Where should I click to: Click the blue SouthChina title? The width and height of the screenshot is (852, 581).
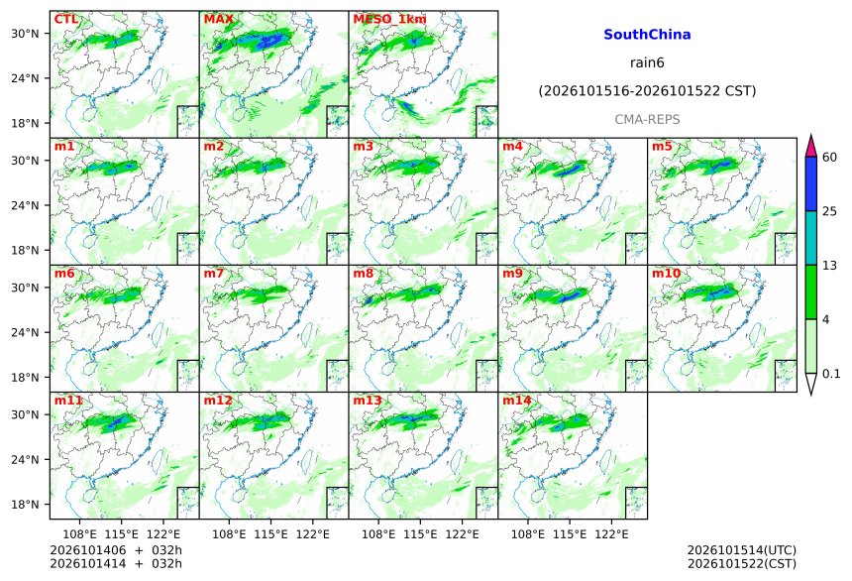pos(647,35)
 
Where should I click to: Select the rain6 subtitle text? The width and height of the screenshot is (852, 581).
pos(647,62)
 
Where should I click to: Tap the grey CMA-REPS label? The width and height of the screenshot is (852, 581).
pos(647,119)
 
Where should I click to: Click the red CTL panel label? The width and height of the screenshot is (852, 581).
pos(65,20)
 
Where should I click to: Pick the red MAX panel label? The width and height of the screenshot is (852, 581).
pos(218,20)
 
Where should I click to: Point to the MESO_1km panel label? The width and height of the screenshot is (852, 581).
pos(389,20)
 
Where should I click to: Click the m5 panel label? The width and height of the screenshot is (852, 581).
pos(662,147)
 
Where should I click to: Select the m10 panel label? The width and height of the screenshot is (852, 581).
pos(666,274)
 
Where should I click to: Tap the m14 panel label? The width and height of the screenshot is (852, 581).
pos(517,401)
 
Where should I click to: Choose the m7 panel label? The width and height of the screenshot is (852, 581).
pos(214,274)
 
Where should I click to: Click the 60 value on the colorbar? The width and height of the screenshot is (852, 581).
pos(830,158)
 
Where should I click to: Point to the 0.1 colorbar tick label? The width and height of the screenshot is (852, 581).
pos(831,374)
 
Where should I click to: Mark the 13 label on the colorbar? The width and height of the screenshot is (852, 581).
pos(830,266)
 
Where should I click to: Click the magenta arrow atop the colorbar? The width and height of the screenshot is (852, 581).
pos(811,145)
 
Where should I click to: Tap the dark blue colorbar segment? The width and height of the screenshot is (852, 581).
pos(811,183)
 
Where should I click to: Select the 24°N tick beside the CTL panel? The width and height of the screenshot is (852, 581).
pos(25,78)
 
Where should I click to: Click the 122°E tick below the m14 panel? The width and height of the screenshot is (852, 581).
pos(611,534)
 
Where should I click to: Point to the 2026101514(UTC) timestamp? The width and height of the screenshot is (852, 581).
pos(742,550)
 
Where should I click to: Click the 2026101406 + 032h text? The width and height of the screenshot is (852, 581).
pos(116,550)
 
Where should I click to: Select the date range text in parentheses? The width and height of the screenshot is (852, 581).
pos(647,91)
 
